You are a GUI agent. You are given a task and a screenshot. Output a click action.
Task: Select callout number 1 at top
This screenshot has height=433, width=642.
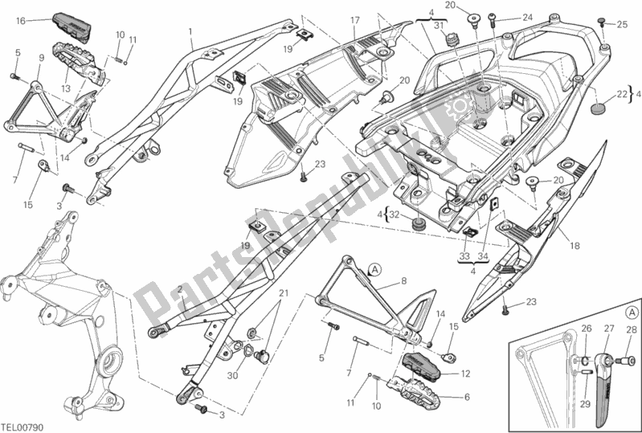tap(190, 32)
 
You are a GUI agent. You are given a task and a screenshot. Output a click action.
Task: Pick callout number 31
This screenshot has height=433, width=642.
tap(439, 25)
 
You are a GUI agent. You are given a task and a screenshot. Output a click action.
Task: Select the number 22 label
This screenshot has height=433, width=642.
tap(622, 94)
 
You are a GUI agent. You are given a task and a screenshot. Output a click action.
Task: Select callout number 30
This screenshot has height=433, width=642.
tap(232, 374)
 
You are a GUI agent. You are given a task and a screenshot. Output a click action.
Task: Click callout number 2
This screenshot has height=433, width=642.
tap(181, 288)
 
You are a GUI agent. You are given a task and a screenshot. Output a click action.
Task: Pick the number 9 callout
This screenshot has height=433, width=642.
tap(40, 57)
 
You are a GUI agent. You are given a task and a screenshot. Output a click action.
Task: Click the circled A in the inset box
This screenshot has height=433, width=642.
tap(630, 311)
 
